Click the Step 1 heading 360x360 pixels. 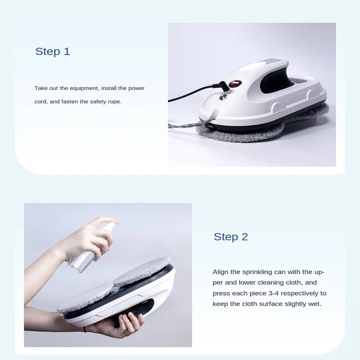[53, 52]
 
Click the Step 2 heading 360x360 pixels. [231, 237]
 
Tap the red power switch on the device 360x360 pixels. [234, 84]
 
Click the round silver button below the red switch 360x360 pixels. [223, 97]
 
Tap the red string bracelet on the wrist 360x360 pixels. [85, 329]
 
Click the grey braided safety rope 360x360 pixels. [190, 124]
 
